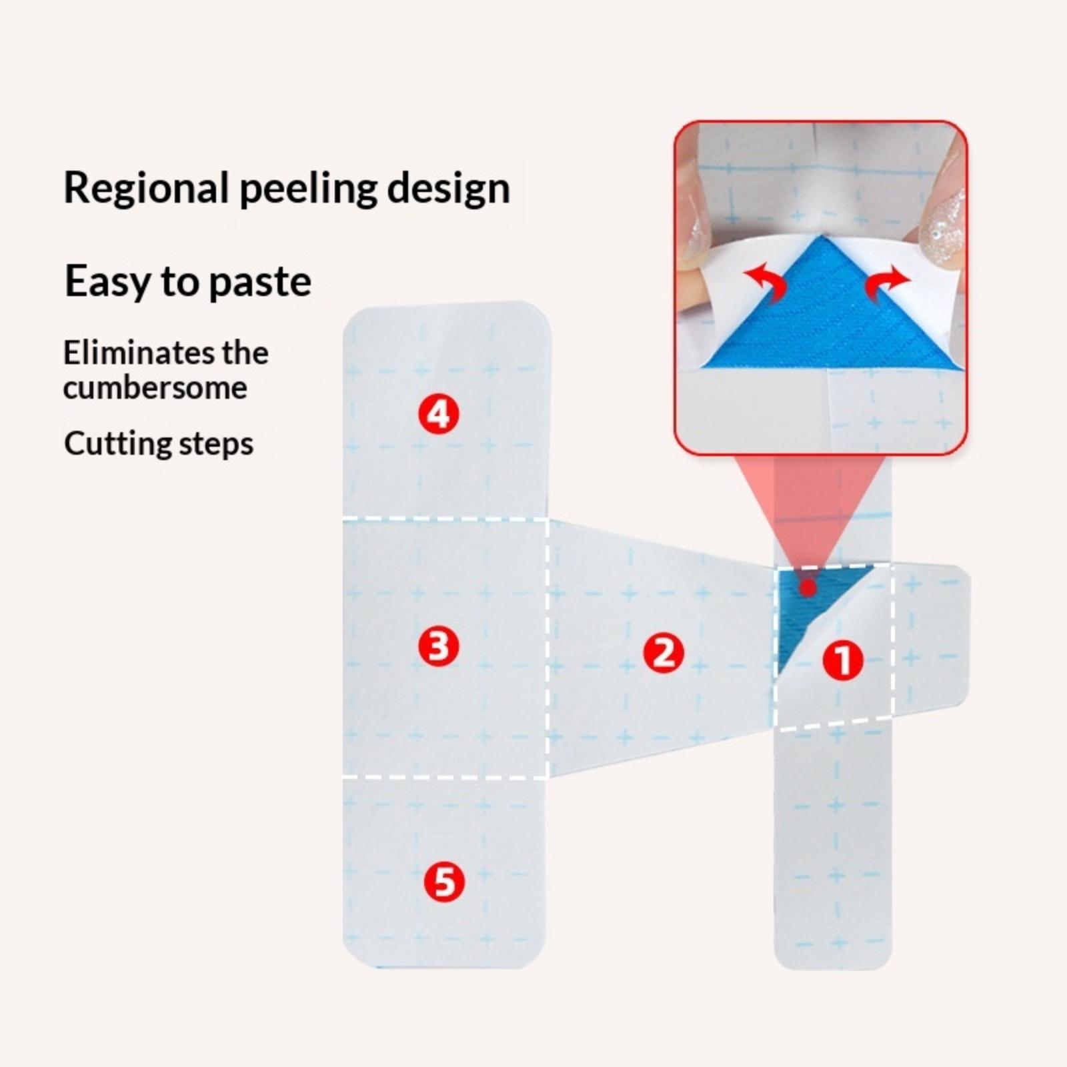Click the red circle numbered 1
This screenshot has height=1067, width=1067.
click(x=843, y=661)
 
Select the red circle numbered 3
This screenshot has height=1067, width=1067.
click(x=439, y=646)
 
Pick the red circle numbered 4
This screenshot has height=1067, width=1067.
click(x=439, y=414)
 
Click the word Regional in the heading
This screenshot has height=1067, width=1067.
click(x=147, y=188)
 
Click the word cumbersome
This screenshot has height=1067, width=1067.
click(x=155, y=388)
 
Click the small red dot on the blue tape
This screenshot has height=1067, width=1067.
click(x=808, y=588)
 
